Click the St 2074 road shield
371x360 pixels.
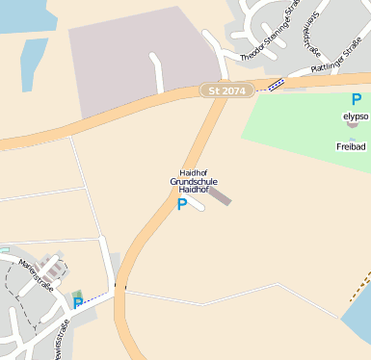coord(226,90)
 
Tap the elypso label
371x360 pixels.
coord(356,116)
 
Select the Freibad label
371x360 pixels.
coord(351,147)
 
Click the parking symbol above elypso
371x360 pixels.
coord(357,100)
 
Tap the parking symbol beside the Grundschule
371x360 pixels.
coord(181,205)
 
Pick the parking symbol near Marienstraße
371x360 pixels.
coord(78,303)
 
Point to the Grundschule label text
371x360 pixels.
coord(194,181)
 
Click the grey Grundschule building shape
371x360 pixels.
coord(220,196)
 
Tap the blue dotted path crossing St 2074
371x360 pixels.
coord(276,85)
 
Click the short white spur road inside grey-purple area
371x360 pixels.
coord(157,72)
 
